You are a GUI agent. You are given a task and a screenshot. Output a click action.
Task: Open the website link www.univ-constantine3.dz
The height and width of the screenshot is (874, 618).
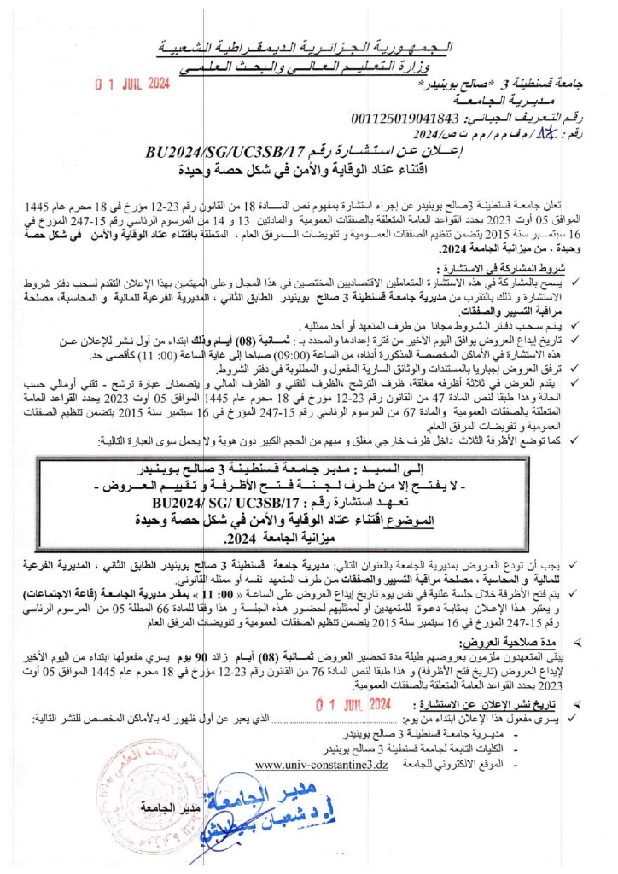coord(321,764)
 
